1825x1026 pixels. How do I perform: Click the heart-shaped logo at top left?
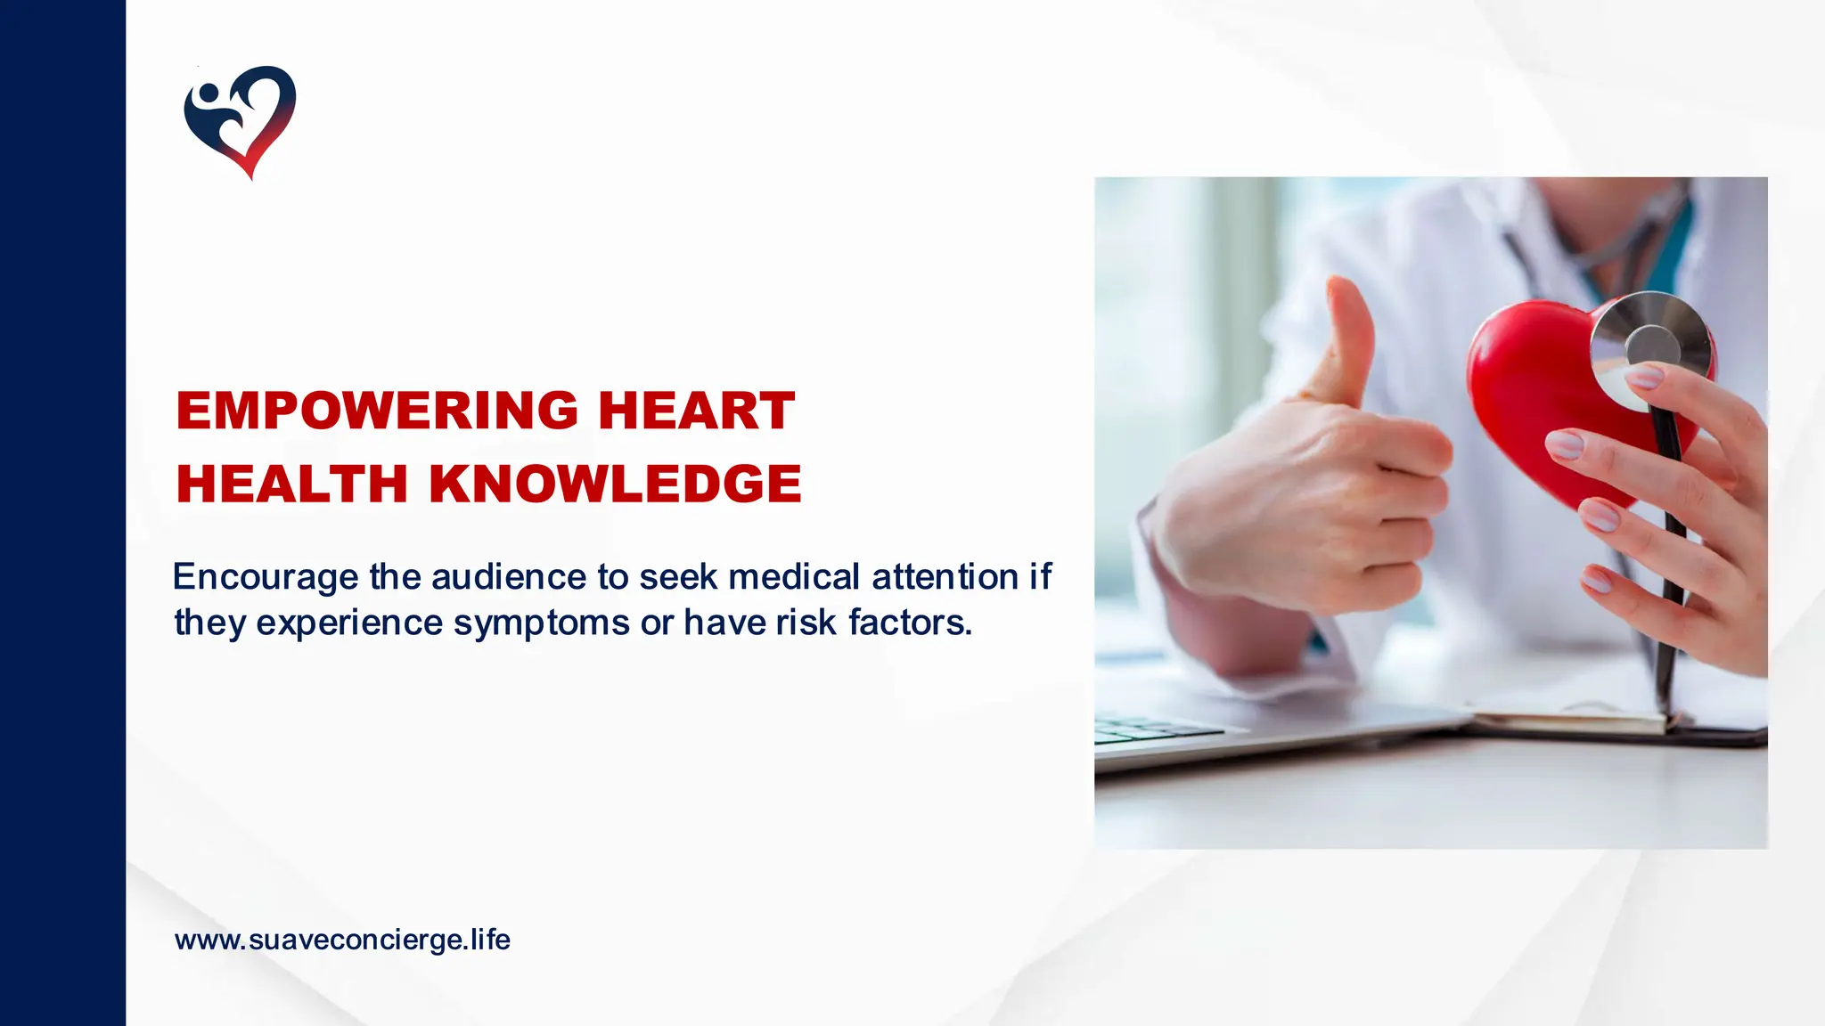(x=240, y=120)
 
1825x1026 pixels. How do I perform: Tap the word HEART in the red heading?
(x=696, y=411)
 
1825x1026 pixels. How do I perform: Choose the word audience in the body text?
(x=509, y=577)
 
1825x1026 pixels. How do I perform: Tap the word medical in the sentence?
(x=794, y=577)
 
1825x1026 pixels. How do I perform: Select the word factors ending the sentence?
(x=909, y=623)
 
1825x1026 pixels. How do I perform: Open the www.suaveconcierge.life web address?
(x=342, y=940)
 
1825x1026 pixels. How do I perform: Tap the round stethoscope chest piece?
(x=1651, y=351)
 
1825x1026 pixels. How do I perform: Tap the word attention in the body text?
(x=945, y=577)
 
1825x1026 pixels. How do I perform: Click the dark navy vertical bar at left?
(x=62, y=513)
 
